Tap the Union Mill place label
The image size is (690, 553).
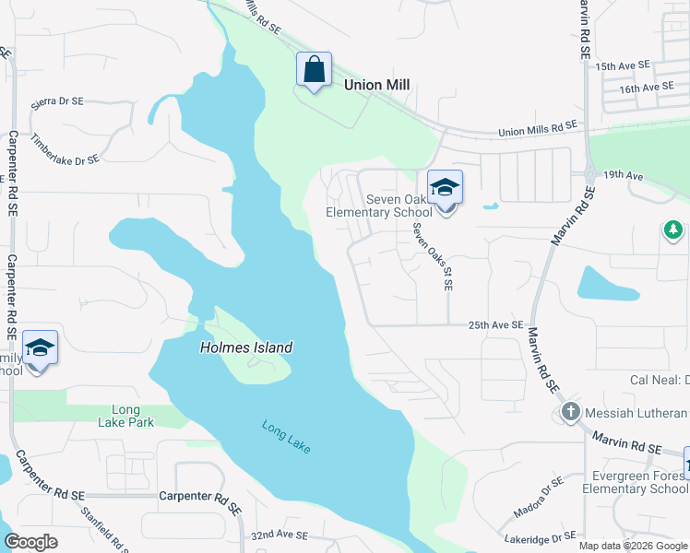tap(375, 85)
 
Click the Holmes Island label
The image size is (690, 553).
tap(246, 347)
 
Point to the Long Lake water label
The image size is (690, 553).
tap(286, 436)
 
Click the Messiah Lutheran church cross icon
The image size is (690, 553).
tap(569, 413)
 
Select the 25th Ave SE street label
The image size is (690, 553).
tap(495, 325)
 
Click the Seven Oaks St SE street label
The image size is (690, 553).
tap(433, 257)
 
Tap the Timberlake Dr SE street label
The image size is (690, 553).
tap(65, 148)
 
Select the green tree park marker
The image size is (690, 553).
tap(673, 229)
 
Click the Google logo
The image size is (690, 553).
tap(31, 542)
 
